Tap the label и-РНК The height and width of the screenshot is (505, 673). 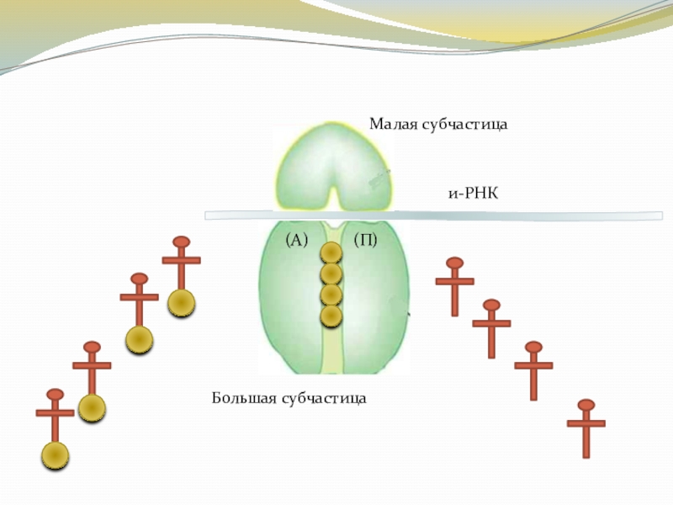pos(474,194)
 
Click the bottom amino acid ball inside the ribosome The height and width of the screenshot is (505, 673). pos(331,316)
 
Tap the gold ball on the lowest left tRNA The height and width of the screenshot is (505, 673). pos(56,454)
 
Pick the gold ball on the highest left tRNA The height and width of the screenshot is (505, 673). pos(181,302)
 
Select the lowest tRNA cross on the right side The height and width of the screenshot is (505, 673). pos(586,425)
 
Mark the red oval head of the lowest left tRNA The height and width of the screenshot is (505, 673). pos(56,395)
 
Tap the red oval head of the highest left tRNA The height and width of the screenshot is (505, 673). pos(181,242)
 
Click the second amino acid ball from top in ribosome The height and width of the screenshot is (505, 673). pos(331,274)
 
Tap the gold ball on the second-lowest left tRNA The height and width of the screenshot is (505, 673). pos(92,408)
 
